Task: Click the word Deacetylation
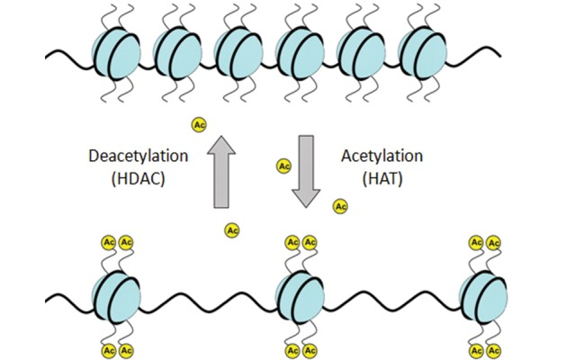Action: point(139,157)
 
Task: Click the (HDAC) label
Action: point(139,178)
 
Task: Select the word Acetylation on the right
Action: point(382,157)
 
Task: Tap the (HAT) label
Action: point(382,178)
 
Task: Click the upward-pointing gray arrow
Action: point(221,172)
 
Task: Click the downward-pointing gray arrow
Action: point(306,172)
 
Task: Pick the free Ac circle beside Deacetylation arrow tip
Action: point(199,125)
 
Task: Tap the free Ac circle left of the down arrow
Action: point(283,166)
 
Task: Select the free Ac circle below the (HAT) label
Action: point(340,206)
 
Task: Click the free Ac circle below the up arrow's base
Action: point(232,230)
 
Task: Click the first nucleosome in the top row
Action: point(116,53)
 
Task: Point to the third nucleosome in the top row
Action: point(238,53)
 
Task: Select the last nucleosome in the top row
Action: point(423,53)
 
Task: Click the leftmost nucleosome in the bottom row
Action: point(116,297)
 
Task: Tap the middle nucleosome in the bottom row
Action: point(301,297)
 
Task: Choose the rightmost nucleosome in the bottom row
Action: point(484,297)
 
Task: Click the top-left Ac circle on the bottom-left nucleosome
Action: point(109,242)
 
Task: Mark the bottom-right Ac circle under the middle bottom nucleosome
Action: point(310,351)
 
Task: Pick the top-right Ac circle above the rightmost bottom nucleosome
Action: point(494,243)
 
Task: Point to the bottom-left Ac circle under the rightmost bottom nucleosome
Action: point(476,351)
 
